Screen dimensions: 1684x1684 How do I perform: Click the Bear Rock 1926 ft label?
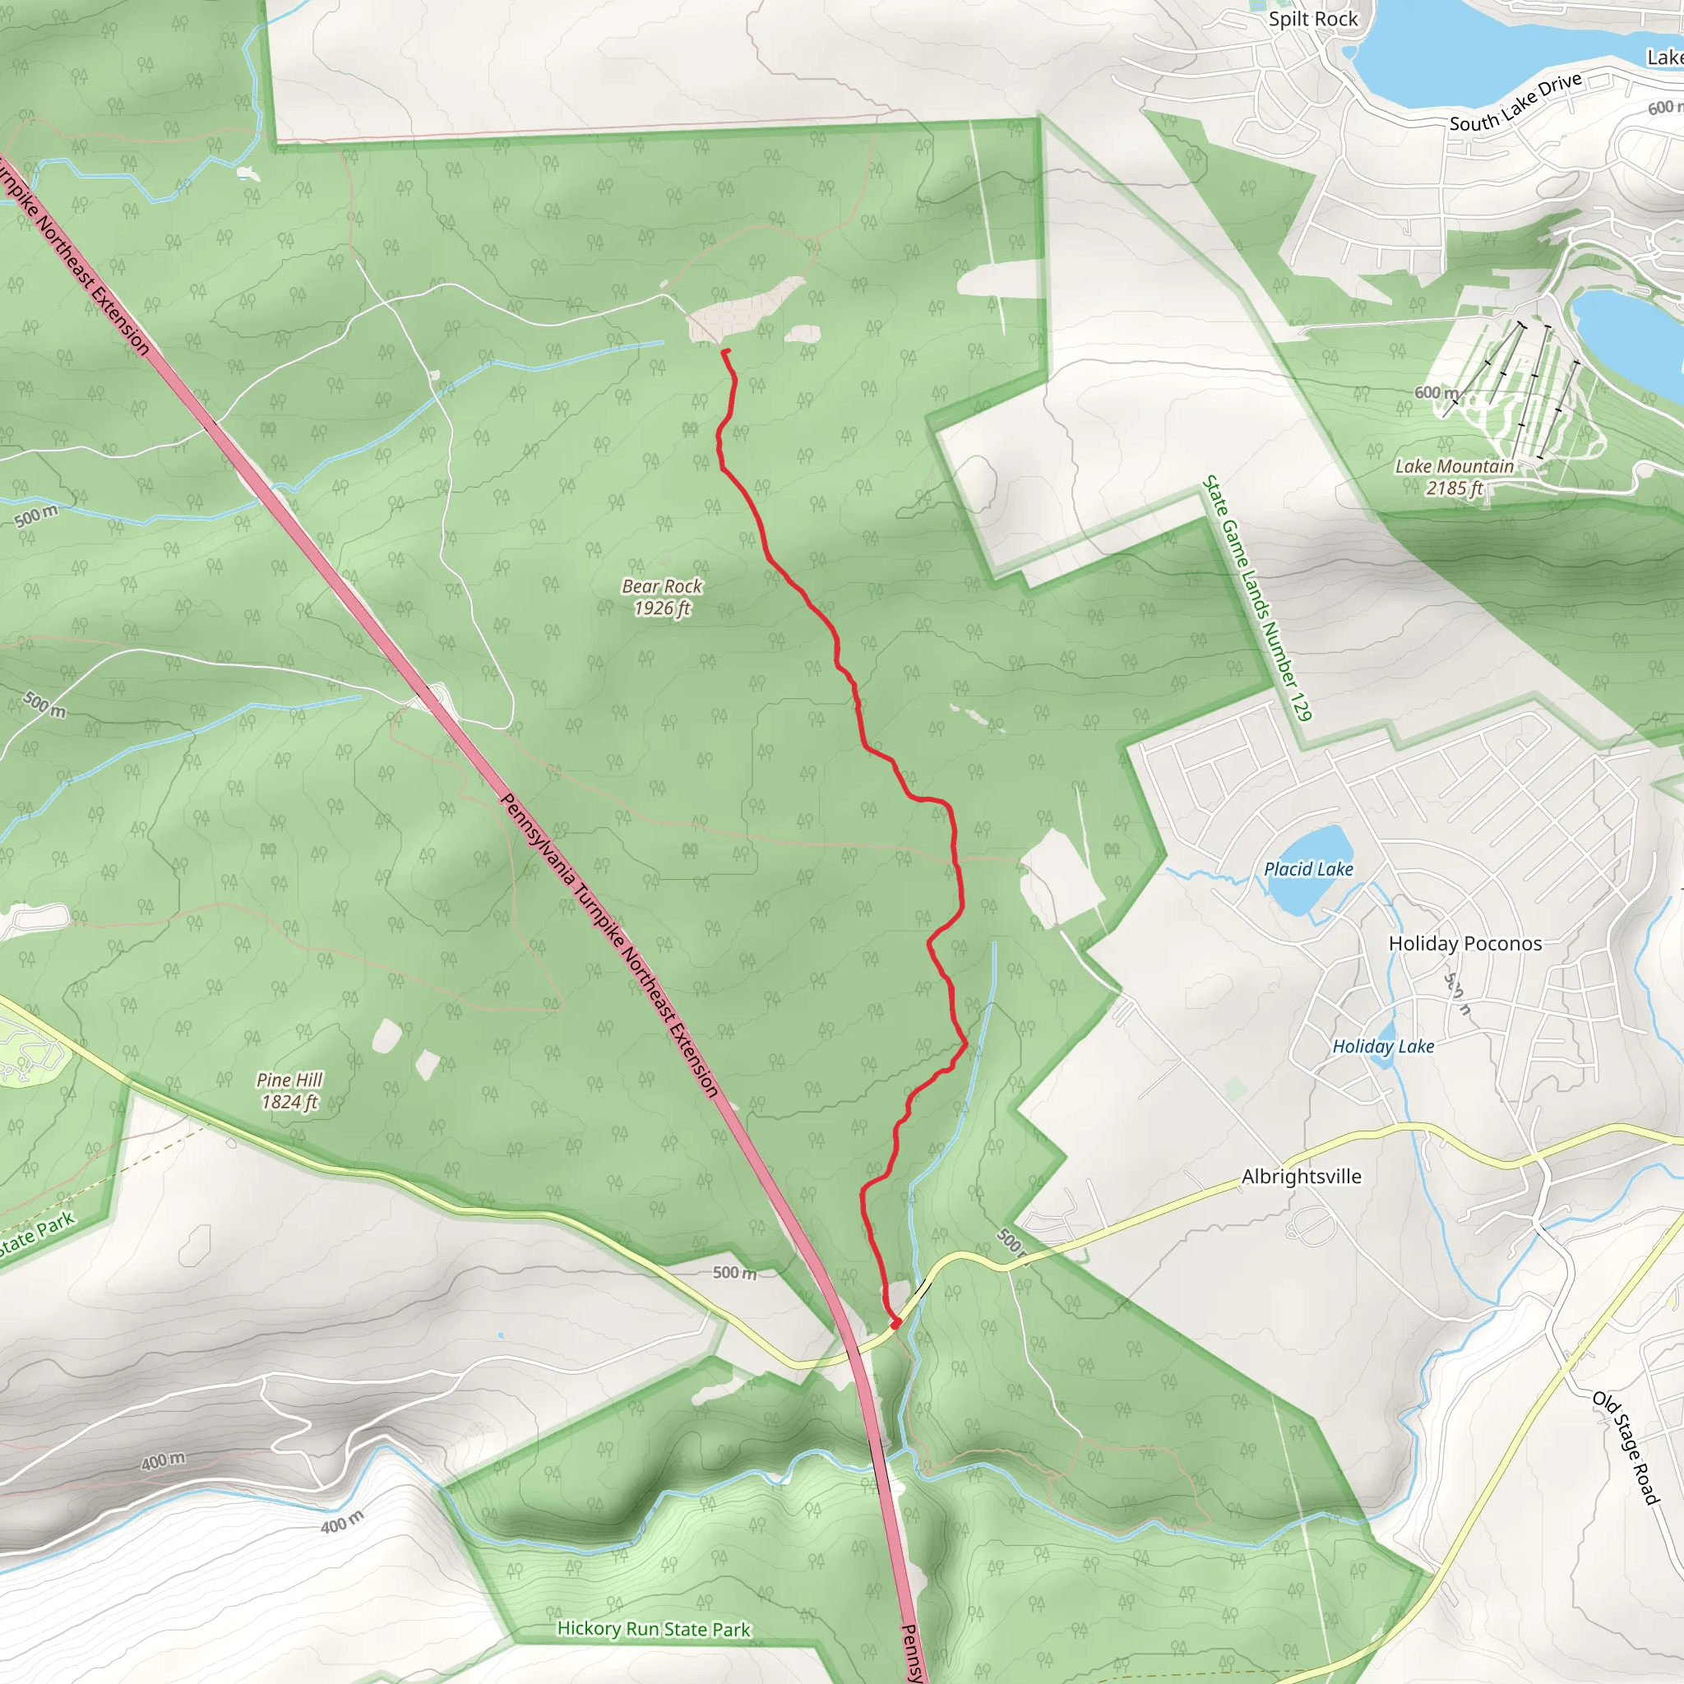pyautogui.click(x=662, y=597)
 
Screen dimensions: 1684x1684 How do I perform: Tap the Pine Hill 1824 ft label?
pyautogui.click(x=289, y=1090)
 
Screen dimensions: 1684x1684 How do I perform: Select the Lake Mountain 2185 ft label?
pyautogui.click(x=1454, y=477)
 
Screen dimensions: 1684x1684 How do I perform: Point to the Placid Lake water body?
pyautogui.click(x=1307, y=870)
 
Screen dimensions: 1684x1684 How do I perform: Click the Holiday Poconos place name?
pyautogui.click(x=1464, y=943)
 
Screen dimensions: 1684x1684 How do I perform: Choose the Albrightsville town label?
pyautogui.click(x=1301, y=1176)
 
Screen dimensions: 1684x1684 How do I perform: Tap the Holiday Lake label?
pyautogui.click(x=1382, y=1046)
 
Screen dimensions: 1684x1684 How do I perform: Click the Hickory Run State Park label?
pyautogui.click(x=653, y=1628)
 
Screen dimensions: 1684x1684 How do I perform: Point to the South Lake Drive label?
pyautogui.click(x=1515, y=103)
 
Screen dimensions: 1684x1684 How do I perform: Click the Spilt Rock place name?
pyautogui.click(x=1312, y=19)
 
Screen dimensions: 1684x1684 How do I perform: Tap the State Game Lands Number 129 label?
pyautogui.click(x=1257, y=598)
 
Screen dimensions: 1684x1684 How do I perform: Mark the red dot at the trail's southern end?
pyautogui.click(x=895, y=1323)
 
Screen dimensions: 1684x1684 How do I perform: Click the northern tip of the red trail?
pyautogui.click(x=725, y=351)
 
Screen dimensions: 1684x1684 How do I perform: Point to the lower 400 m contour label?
pyautogui.click(x=342, y=1522)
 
